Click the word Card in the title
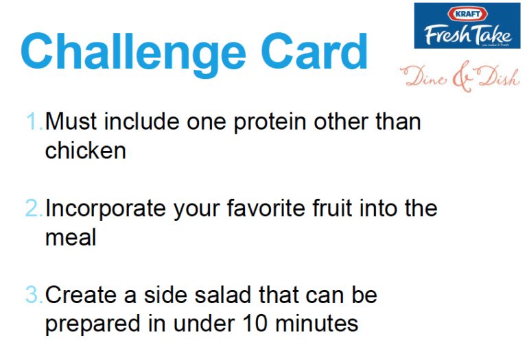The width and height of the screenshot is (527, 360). [x=314, y=51]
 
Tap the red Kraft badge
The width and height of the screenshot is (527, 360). [x=467, y=14]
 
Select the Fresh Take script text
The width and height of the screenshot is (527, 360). [x=468, y=34]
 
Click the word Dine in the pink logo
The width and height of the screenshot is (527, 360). [x=425, y=76]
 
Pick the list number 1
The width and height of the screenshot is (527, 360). [x=34, y=121]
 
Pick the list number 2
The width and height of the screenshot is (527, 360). [x=34, y=208]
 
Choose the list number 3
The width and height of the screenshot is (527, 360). [x=34, y=295]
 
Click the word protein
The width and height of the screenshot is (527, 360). [x=270, y=123]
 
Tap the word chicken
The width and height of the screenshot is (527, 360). [x=86, y=149]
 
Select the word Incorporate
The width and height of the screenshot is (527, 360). [x=106, y=210]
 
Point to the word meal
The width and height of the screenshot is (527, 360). [x=71, y=237]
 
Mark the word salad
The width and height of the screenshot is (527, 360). [x=223, y=294]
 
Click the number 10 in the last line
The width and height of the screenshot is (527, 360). [x=255, y=324]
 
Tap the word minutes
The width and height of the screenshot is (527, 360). [x=316, y=324]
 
